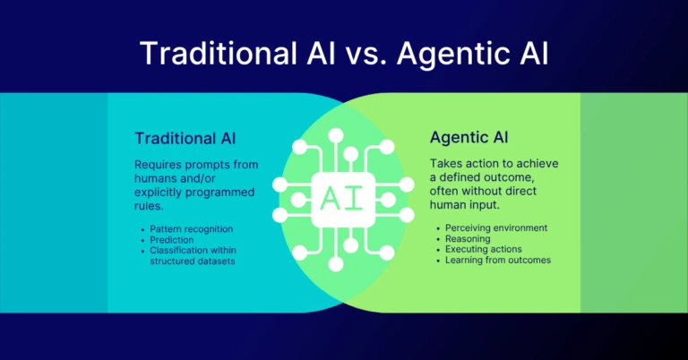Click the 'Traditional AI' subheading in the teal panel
[185, 139]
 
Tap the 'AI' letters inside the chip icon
[343, 196]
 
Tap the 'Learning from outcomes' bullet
[497, 261]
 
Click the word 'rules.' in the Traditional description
[150, 206]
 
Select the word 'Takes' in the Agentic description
[448, 165]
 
